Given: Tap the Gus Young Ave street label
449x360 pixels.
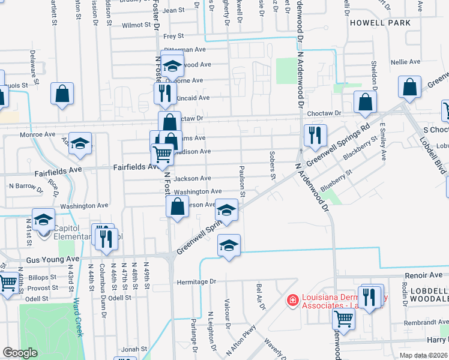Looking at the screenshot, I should click(x=53, y=259).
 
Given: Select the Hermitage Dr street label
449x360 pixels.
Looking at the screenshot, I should click(x=196, y=281).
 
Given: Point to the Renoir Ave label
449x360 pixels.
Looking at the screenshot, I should click(x=423, y=275).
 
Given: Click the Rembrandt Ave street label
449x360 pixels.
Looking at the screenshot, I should click(x=422, y=323).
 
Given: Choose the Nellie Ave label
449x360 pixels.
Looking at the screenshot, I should click(x=406, y=62).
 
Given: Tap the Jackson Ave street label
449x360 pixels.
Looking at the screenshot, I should click(x=192, y=178).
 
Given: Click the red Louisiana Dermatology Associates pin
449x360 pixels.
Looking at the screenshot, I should click(x=292, y=299).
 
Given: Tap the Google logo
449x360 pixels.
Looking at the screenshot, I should click(x=20, y=353).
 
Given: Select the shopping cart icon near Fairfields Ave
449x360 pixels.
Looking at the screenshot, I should click(x=163, y=154).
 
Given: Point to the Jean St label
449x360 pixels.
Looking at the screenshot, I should click(x=173, y=10).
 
